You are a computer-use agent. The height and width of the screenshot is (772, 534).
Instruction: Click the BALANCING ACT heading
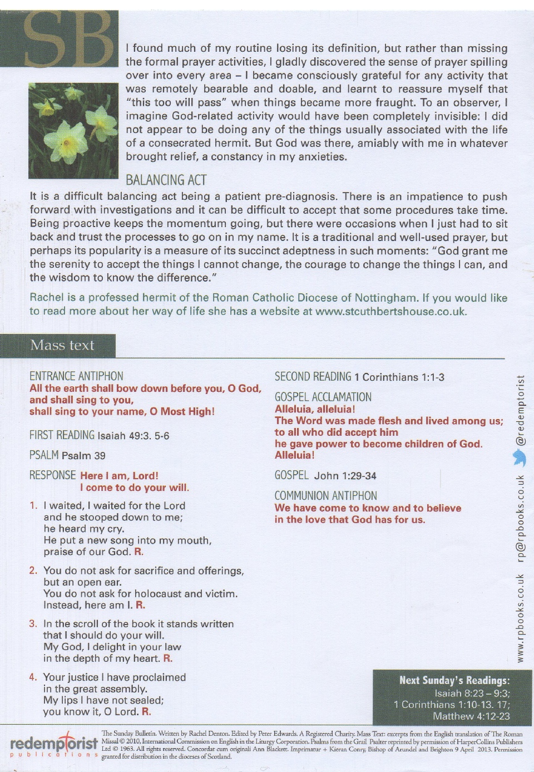tap(166, 180)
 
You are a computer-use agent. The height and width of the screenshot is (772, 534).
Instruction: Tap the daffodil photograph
tap(73, 131)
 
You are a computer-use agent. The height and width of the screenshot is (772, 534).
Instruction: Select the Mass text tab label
tap(62, 346)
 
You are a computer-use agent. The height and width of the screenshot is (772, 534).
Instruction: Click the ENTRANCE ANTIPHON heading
tap(76, 376)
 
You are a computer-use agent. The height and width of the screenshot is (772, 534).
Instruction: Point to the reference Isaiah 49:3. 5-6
tap(133, 436)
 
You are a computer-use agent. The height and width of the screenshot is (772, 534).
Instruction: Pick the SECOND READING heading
tap(313, 377)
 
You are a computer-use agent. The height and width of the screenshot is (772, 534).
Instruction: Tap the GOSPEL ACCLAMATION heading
tap(323, 397)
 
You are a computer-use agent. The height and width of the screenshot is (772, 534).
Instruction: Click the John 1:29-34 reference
tap(345, 476)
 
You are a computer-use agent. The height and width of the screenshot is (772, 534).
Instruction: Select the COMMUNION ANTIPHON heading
tap(325, 496)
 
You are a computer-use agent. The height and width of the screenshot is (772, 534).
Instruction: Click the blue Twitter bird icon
tap(520, 458)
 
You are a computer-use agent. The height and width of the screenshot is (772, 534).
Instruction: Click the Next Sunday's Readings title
tap(454, 680)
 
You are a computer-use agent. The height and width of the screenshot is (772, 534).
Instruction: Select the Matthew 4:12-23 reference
tap(471, 716)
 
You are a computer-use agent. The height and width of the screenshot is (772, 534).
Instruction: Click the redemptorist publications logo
tap(54, 744)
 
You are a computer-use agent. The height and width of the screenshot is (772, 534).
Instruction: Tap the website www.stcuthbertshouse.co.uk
tap(390, 312)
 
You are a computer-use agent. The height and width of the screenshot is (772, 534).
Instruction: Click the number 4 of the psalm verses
tap(33, 677)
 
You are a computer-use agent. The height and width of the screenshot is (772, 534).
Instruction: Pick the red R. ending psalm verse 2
tap(140, 605)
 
